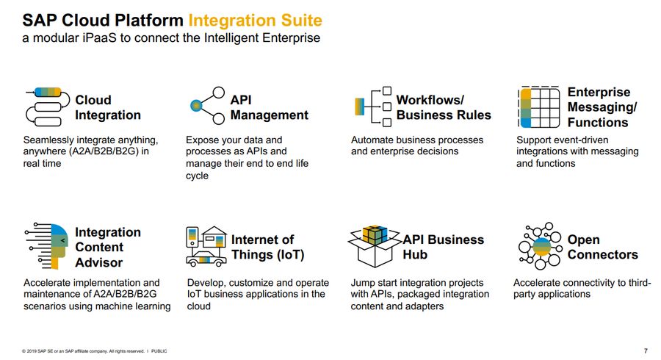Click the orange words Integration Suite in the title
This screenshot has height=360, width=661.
[x=255, y=21]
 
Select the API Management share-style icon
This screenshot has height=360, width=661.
[x=207, y=105]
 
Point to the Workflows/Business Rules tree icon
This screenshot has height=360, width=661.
[x=373, y=107]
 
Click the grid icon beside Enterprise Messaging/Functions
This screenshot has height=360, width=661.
[x=539, y=107]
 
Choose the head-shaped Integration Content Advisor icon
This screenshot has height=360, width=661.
[x=47, y=246]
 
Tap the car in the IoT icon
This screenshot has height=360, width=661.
[x=206, y=259]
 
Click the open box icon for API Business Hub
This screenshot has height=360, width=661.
[x=374, y=246]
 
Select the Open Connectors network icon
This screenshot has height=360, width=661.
[x=540, y=246]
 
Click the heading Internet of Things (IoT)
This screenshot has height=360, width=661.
[x=267, y=247]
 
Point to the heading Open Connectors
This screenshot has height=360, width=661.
[x=602, y=247]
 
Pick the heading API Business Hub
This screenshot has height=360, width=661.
[x=444, y=247]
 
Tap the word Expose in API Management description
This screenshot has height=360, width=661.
[x=201, y=140]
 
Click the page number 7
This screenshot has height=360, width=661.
[x=646, y=350]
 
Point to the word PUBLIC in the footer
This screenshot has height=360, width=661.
[x=159, y=351]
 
